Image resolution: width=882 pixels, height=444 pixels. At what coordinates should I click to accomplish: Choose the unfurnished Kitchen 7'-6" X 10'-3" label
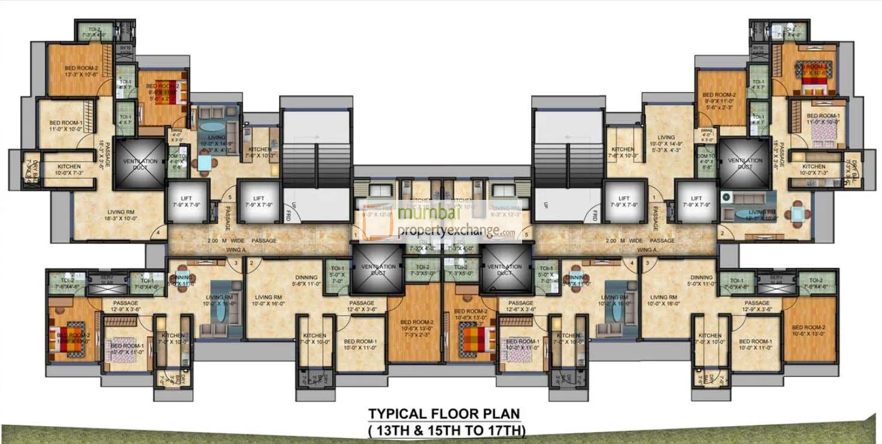tap(623, 153)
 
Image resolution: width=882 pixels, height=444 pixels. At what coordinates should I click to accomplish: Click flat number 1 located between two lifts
tap(654, 197)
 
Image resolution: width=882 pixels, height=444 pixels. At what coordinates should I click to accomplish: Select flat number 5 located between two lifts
tap(230, 197)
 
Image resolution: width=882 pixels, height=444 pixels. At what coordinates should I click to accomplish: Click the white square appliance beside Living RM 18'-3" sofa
tap(728, 197)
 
